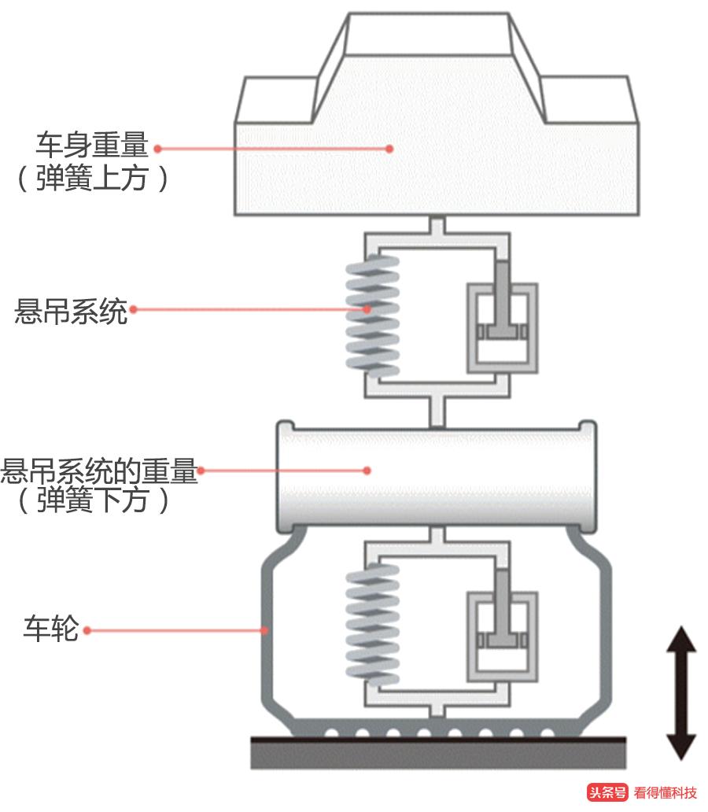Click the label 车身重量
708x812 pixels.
coord(91,146)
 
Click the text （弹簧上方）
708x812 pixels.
coord(93,180)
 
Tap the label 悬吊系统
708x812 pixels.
coord(71,311)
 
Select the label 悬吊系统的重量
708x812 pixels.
coord(99,471)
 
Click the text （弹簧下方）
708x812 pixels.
coord(93,501)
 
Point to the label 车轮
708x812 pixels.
coord(51,630)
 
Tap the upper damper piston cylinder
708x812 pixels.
coord(503,327)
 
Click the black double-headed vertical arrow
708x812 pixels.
coord(681,692)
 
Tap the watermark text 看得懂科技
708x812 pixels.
coord(666,792)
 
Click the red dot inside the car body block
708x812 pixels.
coord(389,148)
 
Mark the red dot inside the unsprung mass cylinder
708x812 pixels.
coord(367,471)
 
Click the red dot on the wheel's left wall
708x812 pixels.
coord(266,629)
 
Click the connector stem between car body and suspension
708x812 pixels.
coord(437,225)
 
